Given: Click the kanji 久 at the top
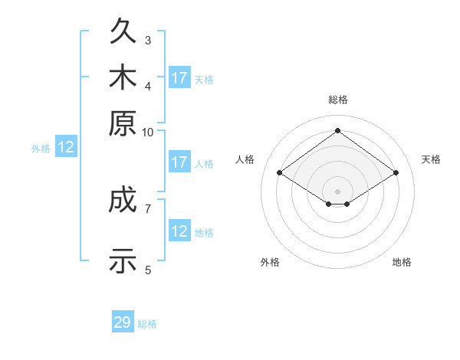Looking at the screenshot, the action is click(x=123, y=30).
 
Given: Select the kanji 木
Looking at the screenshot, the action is click(x=123, y=77).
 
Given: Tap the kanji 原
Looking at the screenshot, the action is click(x=123, y=123).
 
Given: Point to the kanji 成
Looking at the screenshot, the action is click(x=123, y=198).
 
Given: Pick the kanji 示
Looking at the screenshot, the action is click(x=123, y=260).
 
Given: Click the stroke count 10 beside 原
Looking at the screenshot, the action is click(x=147, y=133).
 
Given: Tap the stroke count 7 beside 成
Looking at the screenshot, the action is click(x=148, y=209).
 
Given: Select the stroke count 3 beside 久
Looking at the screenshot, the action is click(x=148, y=40).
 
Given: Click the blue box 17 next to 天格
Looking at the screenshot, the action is click(x=179, y=77).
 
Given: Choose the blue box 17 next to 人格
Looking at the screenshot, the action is click(x=179, y=162).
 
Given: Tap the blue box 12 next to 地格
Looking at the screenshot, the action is click(x=179, y=230).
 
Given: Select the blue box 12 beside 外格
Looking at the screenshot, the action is click(x=66, y=146).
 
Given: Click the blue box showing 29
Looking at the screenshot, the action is click(x=123, y=321).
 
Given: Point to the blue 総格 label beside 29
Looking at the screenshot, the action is click(x=147, y=324).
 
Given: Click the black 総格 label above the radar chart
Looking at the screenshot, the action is click(x=338, y=100).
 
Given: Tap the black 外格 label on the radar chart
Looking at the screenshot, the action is click(x=270, y=262).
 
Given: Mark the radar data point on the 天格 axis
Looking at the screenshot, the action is click(x=396, y=172).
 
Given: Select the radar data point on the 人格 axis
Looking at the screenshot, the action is click(x=280, y=172).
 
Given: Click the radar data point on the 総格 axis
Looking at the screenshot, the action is click(x=337, y=130).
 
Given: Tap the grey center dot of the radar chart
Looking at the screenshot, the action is click(x=337, y=191).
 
